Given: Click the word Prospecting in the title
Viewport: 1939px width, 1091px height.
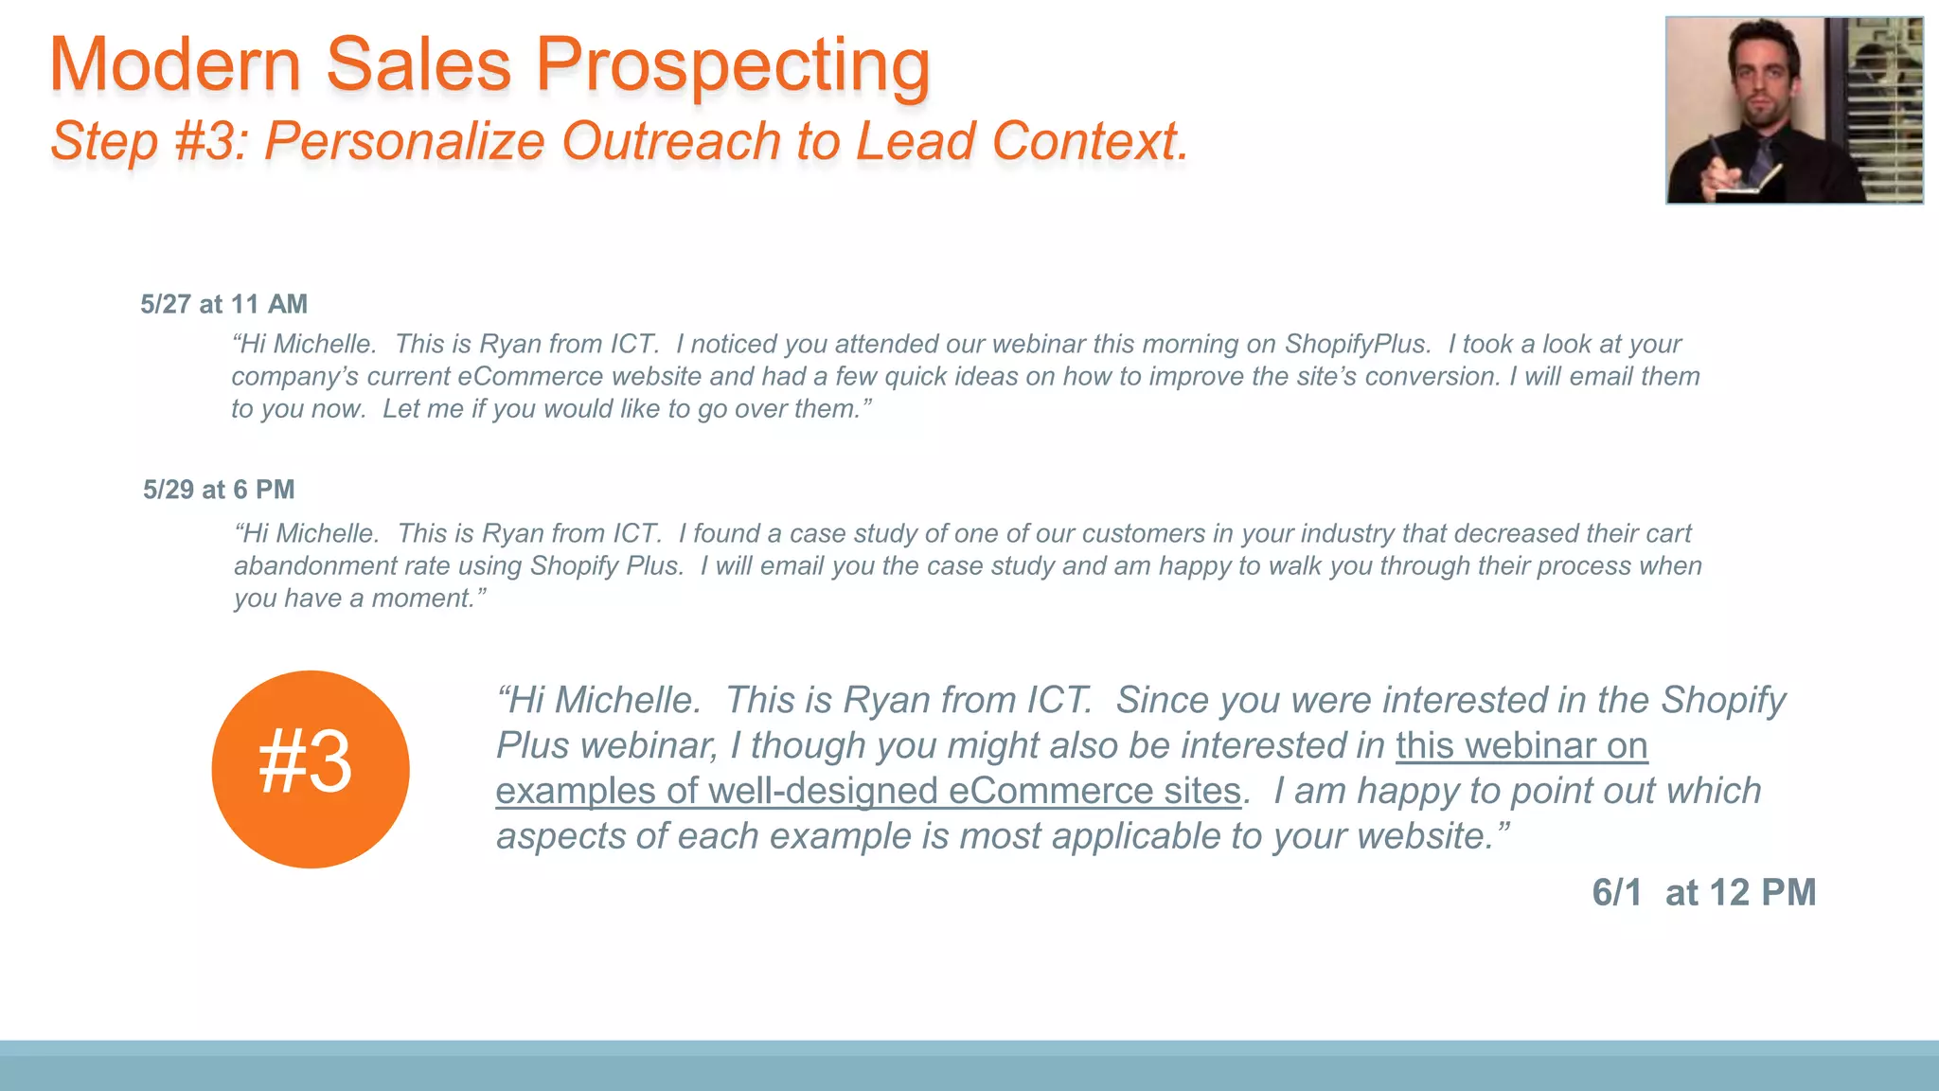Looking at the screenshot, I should pos(733,66).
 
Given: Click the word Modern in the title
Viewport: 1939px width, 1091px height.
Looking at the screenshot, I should pos(175,66).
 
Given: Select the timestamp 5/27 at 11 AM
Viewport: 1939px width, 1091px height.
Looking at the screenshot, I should pos(224,304).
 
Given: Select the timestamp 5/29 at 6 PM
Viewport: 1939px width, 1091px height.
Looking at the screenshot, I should pos(219,490).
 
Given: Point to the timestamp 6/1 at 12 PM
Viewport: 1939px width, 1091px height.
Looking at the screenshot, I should pos(1703,893).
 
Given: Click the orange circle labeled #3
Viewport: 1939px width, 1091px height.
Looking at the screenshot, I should pos(311,769).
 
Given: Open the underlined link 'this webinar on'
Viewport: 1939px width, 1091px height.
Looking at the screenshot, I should pos(1521,746).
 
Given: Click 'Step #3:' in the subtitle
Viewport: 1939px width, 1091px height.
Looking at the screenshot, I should pos(150,142).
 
